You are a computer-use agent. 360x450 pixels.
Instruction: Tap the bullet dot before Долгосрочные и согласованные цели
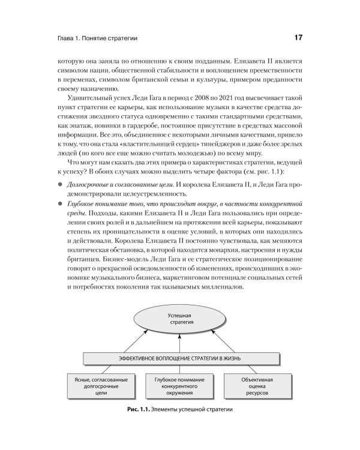(x=60, y=179)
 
